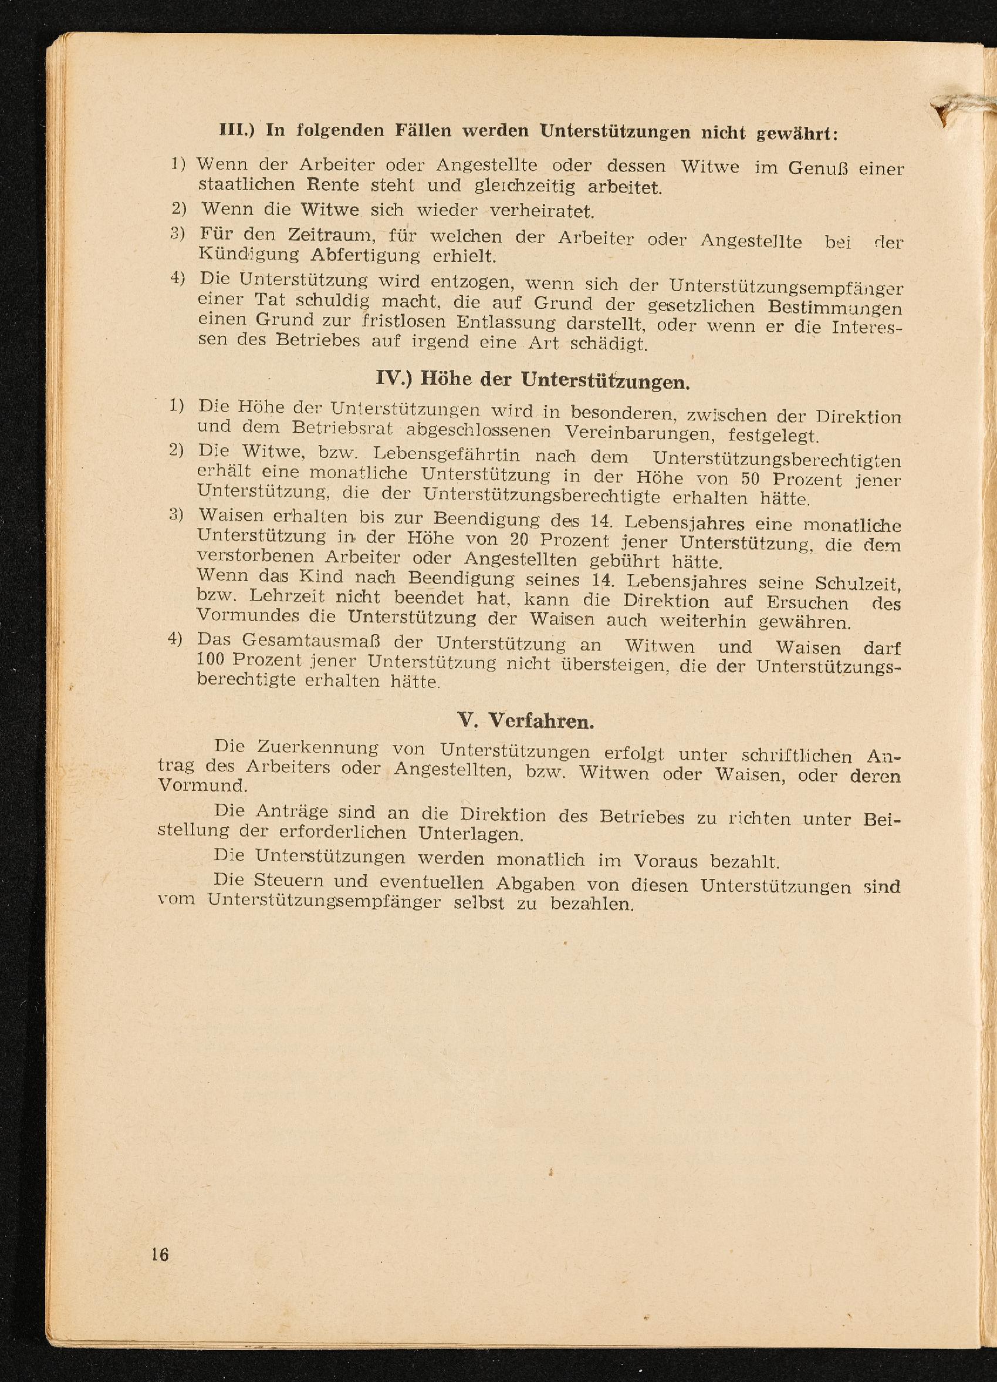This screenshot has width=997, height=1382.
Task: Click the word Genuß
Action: (819, 168)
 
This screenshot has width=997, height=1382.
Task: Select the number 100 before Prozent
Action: (211, 660)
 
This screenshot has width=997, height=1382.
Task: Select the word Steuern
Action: (288, 881)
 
